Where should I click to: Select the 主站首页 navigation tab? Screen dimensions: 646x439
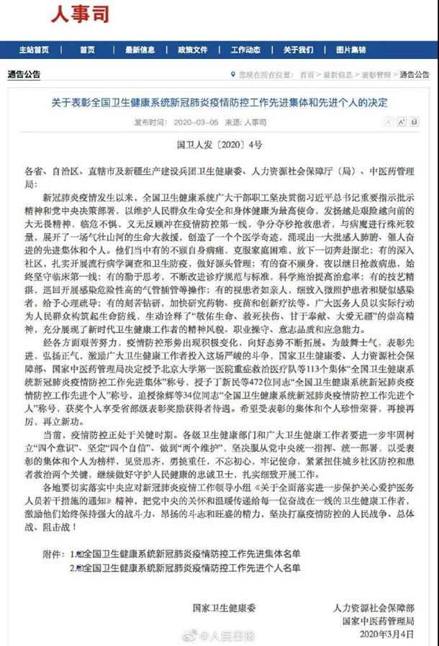point(34,50)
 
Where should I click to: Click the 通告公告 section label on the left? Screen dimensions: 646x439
point(24,74)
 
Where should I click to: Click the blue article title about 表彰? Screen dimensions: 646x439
point(219,103)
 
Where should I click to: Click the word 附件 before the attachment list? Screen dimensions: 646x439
point(55,554)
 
